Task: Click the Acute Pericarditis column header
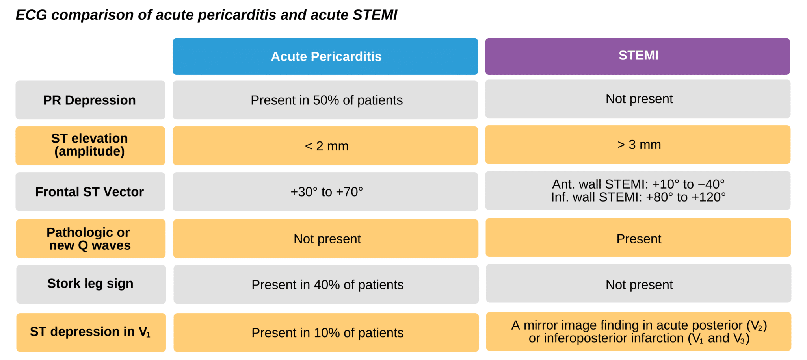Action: click(325, 56)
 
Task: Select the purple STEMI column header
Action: click(638, 56)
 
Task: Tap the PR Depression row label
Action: click(90, 100)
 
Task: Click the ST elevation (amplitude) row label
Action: click(90, 145)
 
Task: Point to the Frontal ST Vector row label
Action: click(90, 192)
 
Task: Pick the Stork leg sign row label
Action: click(91, 284)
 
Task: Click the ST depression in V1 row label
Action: click(91, 332)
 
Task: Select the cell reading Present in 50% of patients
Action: click(326, 100)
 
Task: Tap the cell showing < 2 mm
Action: click(326, 146)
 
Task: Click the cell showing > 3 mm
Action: click(638, 145)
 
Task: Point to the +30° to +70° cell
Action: click(326, 192)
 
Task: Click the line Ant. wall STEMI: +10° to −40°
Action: click(638, 184)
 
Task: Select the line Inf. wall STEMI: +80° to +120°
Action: click(638, 197)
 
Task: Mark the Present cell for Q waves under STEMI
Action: click(638, 239)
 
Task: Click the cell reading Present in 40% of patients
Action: click(327, 285)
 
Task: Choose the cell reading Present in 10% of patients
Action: click(327, 333)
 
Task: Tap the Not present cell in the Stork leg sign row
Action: click(639, 284)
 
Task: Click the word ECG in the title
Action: click(31, 15)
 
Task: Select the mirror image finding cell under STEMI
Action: click(639, 332)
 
